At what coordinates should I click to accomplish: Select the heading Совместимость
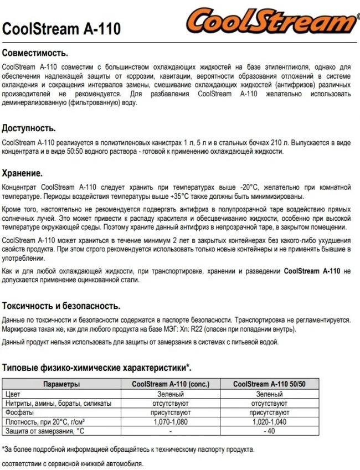click(x=35, y=54)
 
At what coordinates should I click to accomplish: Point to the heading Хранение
click(x=23, y=172)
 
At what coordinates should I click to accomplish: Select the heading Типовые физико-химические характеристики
click(x=97, y=368)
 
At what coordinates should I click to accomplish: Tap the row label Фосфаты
click(x=20, y=412)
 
